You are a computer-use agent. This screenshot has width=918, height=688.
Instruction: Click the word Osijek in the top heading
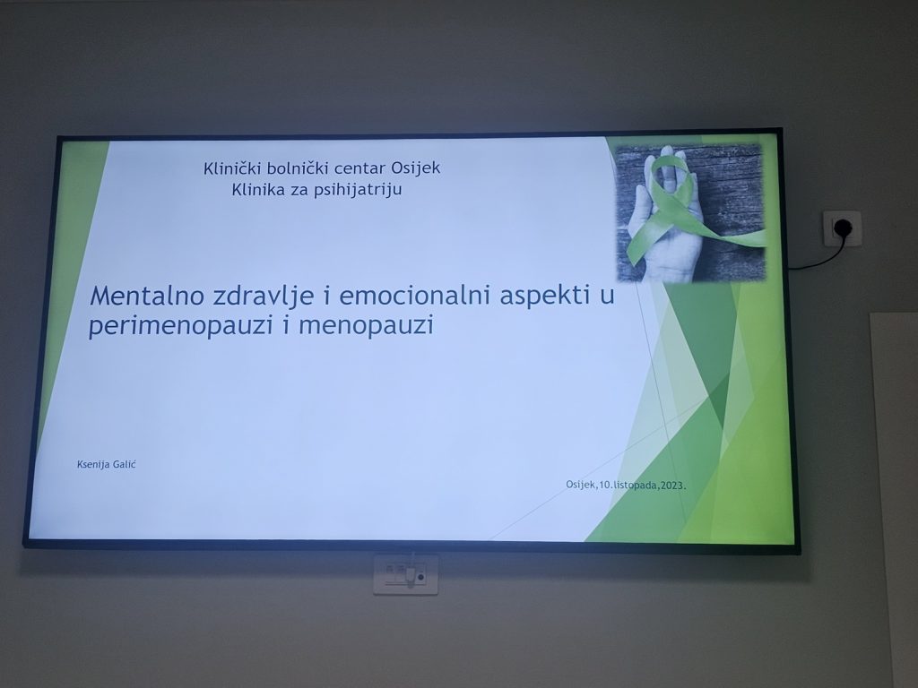coord(416,168)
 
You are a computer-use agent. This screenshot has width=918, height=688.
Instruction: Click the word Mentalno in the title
coord(148,296)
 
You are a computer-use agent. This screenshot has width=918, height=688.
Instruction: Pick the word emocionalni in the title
coord(414,296)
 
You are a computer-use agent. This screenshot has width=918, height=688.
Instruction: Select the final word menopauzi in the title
coord(366,325)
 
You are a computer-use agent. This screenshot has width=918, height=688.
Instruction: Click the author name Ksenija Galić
coord(107,465)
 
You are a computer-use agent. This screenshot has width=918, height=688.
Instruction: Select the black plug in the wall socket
coord(841,227)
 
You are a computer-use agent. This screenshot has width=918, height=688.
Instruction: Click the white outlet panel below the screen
coord(406,575)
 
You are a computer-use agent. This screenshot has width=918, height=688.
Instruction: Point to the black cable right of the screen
coord(819,257)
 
